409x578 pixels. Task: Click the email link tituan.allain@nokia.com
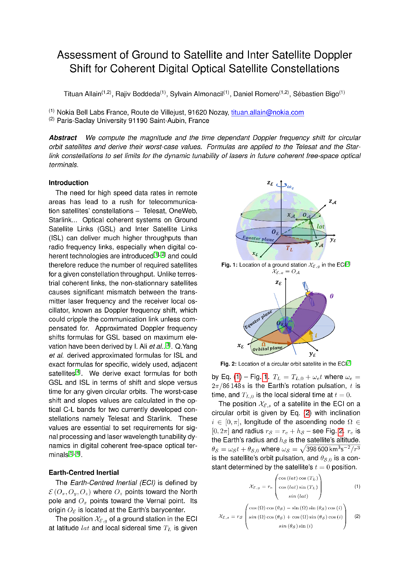(267, 112)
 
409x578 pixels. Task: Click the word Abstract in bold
(63, 138)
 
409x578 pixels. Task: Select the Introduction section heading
(68, 183)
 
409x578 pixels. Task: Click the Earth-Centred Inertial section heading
(84, 473)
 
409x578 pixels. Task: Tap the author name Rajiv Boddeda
(137, 94)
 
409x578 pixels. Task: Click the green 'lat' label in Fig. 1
(320, 226)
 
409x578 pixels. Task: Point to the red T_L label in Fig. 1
(289, 248)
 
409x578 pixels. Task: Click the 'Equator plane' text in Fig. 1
(258, 239)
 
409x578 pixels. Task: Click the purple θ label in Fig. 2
(332, 296)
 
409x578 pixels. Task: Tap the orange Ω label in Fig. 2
(264, 344)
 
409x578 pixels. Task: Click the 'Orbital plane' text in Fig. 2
(267, 348)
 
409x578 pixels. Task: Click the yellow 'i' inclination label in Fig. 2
(316, 335)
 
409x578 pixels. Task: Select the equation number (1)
(357, 487)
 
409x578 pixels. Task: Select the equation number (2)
(357, 516)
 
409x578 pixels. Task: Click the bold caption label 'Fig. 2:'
(228, 364)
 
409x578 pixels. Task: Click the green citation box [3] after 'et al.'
(168, 346)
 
